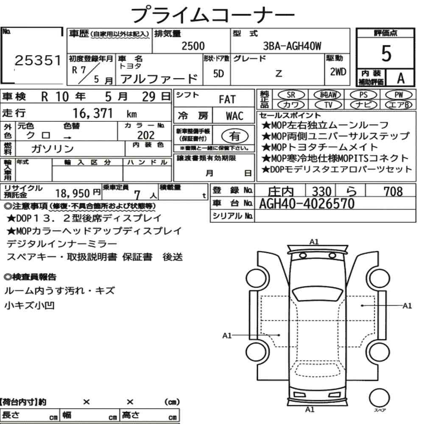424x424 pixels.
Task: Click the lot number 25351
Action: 38,60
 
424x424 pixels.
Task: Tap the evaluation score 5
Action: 386,53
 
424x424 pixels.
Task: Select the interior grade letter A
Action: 401,78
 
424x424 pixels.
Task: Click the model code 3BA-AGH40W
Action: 292,46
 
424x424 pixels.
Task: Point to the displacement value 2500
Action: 193,46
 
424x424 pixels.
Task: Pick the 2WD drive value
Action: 338,72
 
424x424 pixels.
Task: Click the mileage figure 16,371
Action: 93,113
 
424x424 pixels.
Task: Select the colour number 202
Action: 146,135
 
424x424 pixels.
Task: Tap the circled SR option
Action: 291,95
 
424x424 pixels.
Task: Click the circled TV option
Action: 328,105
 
